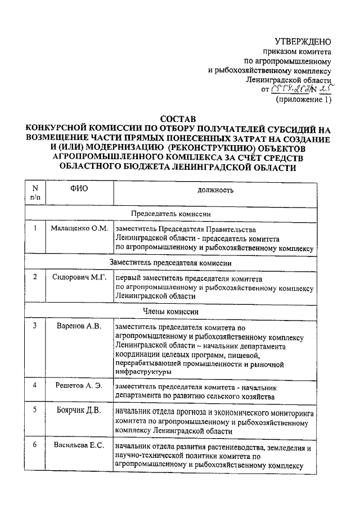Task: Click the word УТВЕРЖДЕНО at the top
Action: click(303, 41)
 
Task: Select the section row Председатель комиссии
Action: click(179, 214)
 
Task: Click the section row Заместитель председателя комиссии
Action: click(179, 262)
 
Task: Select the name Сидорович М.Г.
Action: click(79, 277)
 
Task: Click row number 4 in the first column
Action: click(35, 385)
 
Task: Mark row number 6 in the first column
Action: click(35, 445)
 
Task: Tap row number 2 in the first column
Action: click(35, 277)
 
